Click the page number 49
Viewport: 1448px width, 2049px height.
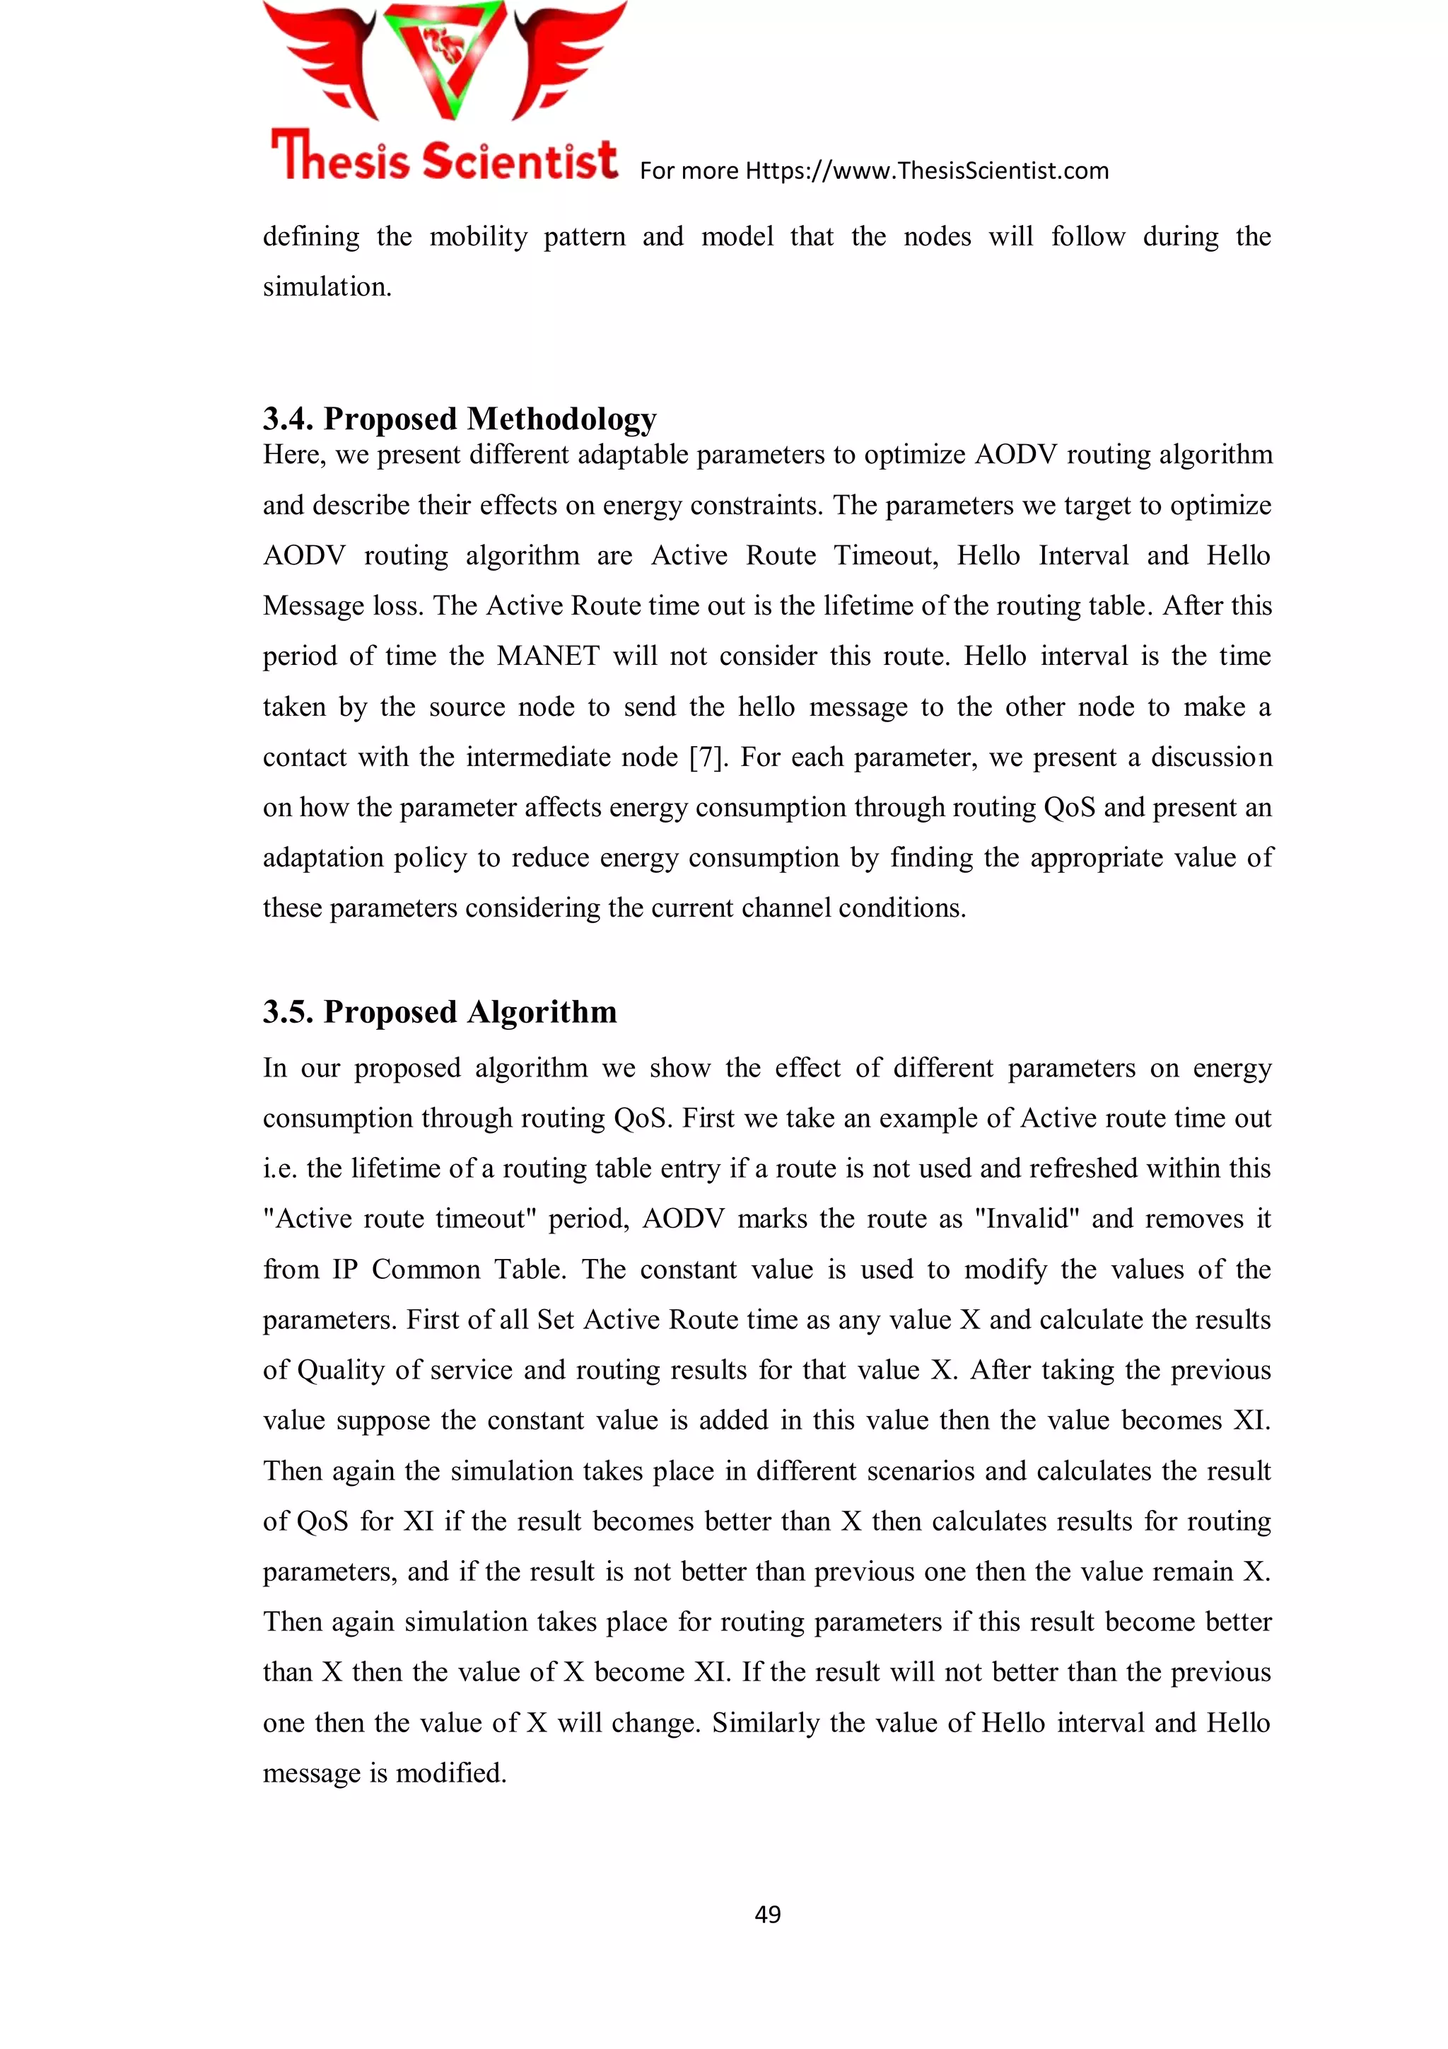coord(767,1913)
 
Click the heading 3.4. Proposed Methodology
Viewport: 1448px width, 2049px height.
coord(460,418)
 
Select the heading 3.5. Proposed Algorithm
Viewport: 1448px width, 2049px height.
coord(440,1011)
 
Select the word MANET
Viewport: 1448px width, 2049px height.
coord(548,656)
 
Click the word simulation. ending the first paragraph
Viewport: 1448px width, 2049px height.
coord(327,286)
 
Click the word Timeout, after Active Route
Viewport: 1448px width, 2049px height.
coord(885,555)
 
